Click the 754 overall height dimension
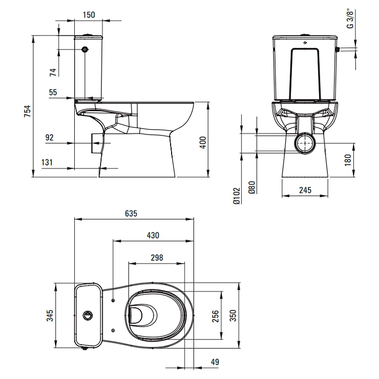(x=28, y=111)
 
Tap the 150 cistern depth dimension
(x=89, y=15)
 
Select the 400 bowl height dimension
(x=203, y=142)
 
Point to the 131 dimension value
(x=47, y=162)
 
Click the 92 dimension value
(x=49, y=137)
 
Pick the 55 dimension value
(x=53, y=92)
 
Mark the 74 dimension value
(x=53, y=72)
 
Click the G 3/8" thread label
(x=350, y=19)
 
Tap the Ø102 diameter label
(x=237, y=196)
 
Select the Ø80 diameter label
(x=252, y=187)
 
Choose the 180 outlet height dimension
(x=348, y=160)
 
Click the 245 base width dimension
(x=305, y=190)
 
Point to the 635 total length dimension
(x=131, y=214)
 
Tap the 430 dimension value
(x=153, y=235)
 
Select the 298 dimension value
(x=157, y=258)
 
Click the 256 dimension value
(x=215, y=316)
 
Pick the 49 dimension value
(x=215, y=362)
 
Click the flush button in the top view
(x=87, y=315)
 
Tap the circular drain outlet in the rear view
(x=305, y=143)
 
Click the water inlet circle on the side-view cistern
(x=85, y=49)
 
